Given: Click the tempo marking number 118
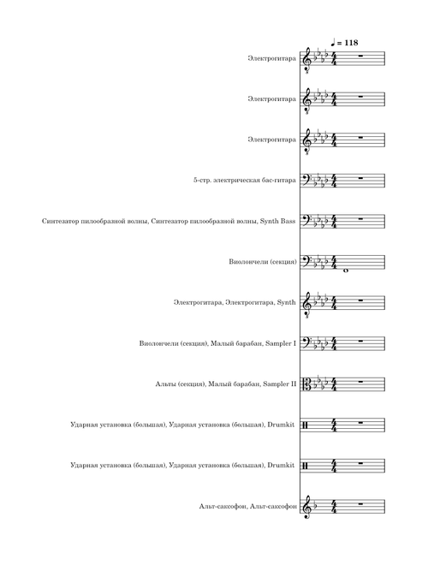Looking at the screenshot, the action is click(351, 43).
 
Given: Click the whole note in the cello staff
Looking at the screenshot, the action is click(346, 271).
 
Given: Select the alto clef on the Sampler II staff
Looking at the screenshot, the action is click(306, 384).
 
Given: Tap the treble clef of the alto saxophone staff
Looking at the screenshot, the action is click(306, 507).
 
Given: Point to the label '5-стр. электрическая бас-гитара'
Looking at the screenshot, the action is click(244, 180).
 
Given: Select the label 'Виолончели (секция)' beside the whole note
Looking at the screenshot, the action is click(263, 262).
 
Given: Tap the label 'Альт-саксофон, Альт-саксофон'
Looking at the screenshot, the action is click(248, 507).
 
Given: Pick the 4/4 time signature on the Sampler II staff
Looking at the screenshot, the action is click(334, 384).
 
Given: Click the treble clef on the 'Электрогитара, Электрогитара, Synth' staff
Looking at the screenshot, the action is click(306, 303).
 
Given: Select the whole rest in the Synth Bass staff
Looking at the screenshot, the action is click(361, 218).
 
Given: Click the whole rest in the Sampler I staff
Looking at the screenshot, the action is click(361, 341).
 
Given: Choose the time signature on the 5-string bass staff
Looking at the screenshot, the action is click(334, 180).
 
